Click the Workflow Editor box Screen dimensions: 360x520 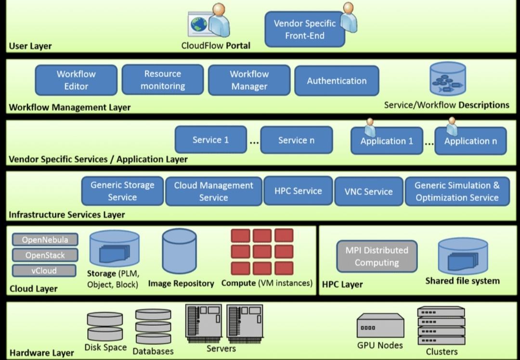click(76, 80)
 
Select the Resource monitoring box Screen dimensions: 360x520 click(163, 80)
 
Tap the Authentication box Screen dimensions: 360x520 click(337, 81)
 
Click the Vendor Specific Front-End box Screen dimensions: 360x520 click(304, 29)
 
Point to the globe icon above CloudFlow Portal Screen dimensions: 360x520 click(198, 24)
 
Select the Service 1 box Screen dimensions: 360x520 click(210, 140)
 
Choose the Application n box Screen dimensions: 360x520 click(470, 141)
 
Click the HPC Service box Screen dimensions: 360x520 click(298, 191)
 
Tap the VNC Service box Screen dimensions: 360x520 click(368, 192)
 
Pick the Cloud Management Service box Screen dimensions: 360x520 click(213, 192)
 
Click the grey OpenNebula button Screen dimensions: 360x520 click(44, 240)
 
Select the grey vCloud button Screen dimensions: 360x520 click(44, 270)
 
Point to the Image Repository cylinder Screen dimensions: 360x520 click(179, 251)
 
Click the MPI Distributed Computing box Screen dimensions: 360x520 click(377, 256)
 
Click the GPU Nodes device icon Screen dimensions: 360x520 click(380, 326)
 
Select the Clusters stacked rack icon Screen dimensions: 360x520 click(441, 325)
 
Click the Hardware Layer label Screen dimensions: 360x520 click(42, 353)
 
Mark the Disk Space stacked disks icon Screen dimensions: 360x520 click(105, 326)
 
